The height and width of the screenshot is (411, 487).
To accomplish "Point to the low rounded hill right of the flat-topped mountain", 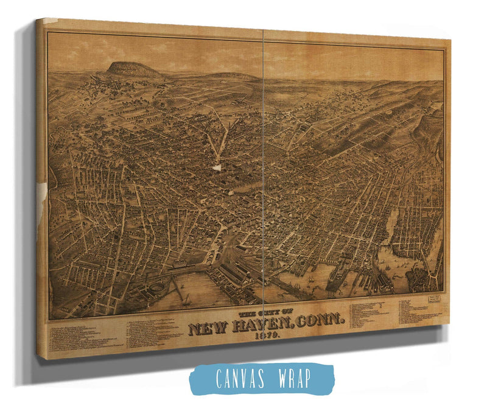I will [x=231, y=76].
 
